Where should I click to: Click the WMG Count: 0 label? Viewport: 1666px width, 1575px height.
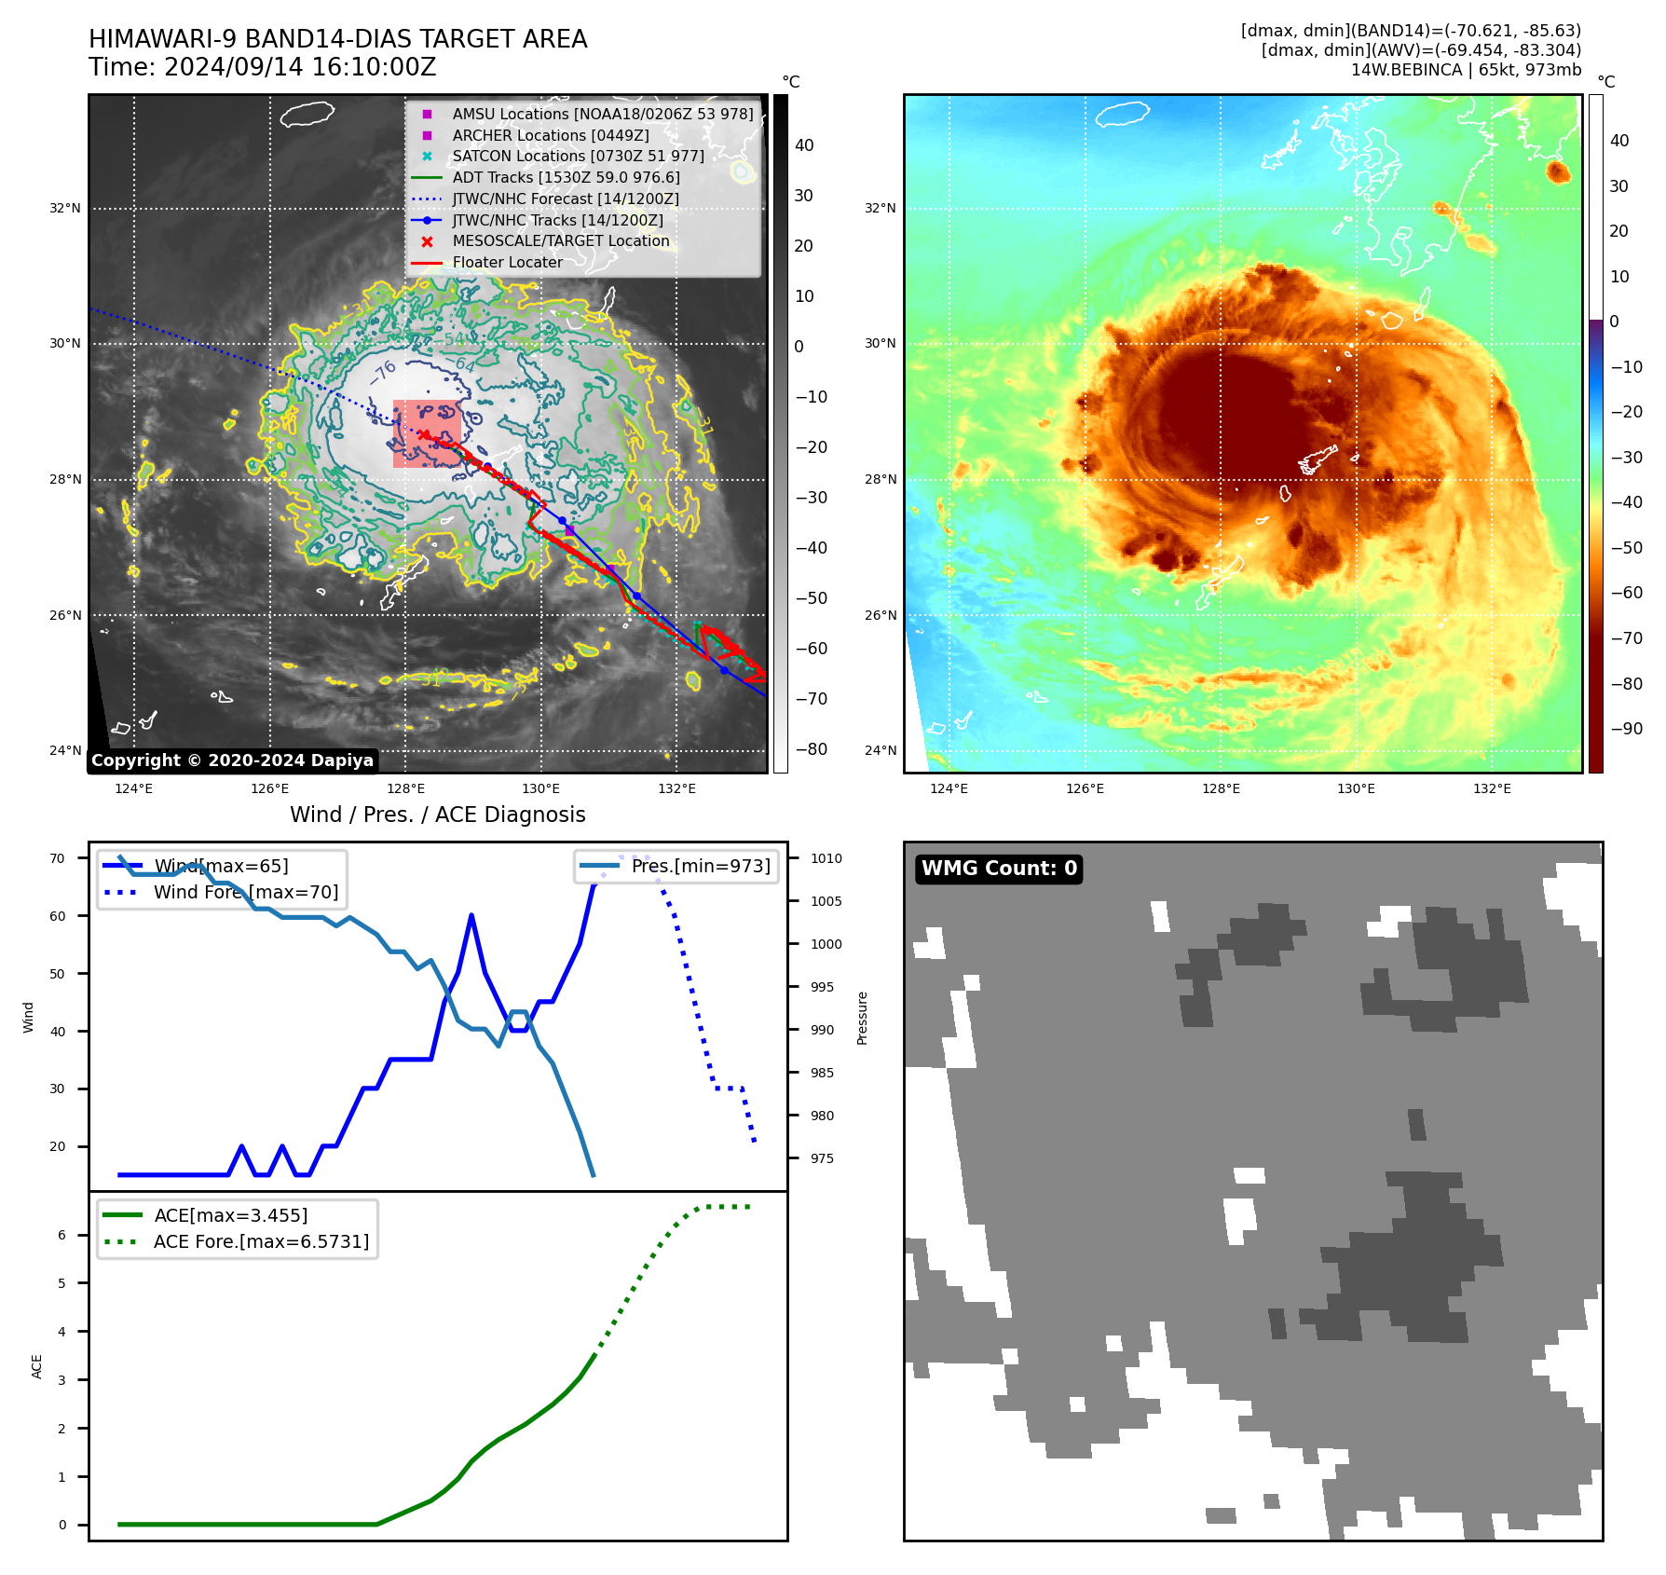pyautogui.click(x=999, y=869)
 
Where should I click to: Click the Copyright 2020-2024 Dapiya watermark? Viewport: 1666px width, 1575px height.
pyautogui.click(x=232, y=760)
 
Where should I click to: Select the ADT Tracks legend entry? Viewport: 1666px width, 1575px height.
pyautogui.click(x=566, y=177)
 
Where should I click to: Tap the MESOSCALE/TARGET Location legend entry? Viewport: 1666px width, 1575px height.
pyautogui.click(x=560, y=240)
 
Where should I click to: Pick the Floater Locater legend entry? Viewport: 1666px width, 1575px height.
pyautogui.click(x=507, y=262)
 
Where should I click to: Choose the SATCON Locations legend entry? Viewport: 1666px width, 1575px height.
pyautogui.click(x=578, y=156)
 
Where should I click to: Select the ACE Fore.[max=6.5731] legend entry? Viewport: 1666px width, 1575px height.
pyautogui.click(x=261, y=1241)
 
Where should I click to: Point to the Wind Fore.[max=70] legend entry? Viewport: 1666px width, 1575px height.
pyautogui.click(x=246, y=892)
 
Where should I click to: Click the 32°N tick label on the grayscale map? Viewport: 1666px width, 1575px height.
pyautogui.click(x=65, y=208)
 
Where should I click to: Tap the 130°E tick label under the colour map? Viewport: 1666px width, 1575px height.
pyautogui.click(x=1356, y=788)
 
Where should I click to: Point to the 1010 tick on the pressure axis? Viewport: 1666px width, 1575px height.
pyautogui.click(x=826, y=858)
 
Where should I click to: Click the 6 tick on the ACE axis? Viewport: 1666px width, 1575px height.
pyautogui.click(x=62, y=1235)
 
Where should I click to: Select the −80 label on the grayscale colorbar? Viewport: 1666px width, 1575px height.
pyautogui.click(x=811, y=749)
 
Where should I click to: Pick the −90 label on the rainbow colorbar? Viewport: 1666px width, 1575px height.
pyautogui.click(x=1626, y=729)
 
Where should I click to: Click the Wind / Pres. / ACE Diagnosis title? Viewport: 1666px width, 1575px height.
pyautogui.click(x=438, y=815)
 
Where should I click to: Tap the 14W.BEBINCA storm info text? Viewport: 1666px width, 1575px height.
pyautogui.click(x=1466, y=70)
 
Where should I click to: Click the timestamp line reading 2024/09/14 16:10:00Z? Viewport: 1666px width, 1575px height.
pyautogui.click(x=263, y=67)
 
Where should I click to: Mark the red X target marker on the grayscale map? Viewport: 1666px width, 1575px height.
pyautogui.click(x=424, y=434)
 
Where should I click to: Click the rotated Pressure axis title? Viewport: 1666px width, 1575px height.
pyautogui.click(x=862, y=1018)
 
